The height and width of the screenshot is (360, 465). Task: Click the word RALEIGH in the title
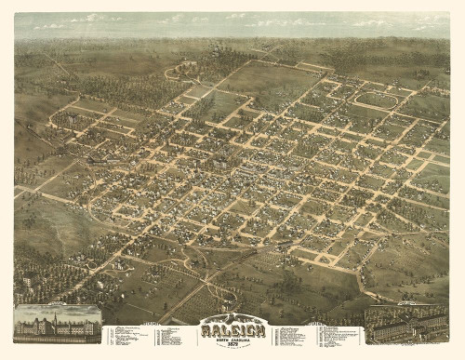click(232, 329)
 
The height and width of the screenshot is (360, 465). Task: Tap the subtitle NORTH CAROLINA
click(232, 338)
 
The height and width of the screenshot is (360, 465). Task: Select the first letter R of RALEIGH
click(206, 329)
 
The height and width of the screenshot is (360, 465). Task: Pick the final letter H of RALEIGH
click(259, 329)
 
